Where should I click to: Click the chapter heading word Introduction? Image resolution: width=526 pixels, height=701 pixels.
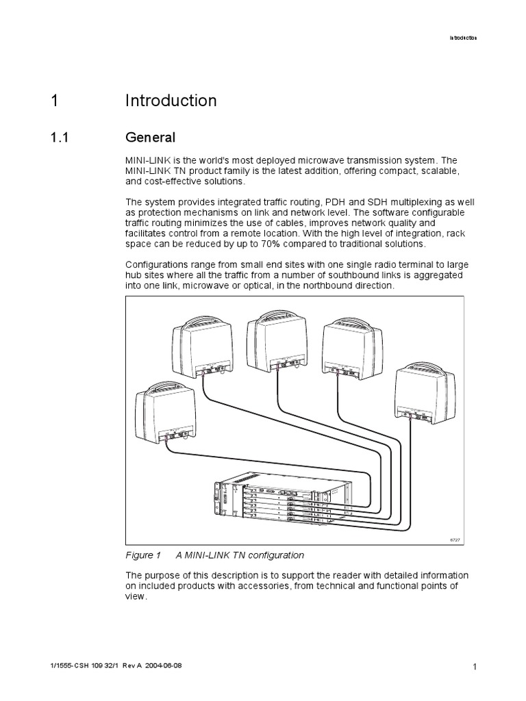(x=171, y=101)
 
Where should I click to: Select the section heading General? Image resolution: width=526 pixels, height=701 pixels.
(x=150, y=138)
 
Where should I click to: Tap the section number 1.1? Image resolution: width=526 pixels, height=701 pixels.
(x=60, y=138)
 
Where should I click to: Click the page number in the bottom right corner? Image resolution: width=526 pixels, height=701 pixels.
(x=473, y=667)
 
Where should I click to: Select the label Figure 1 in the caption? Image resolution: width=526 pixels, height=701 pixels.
(x=143, y=555)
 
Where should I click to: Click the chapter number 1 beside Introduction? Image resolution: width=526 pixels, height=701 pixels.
(x=54, y=101)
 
